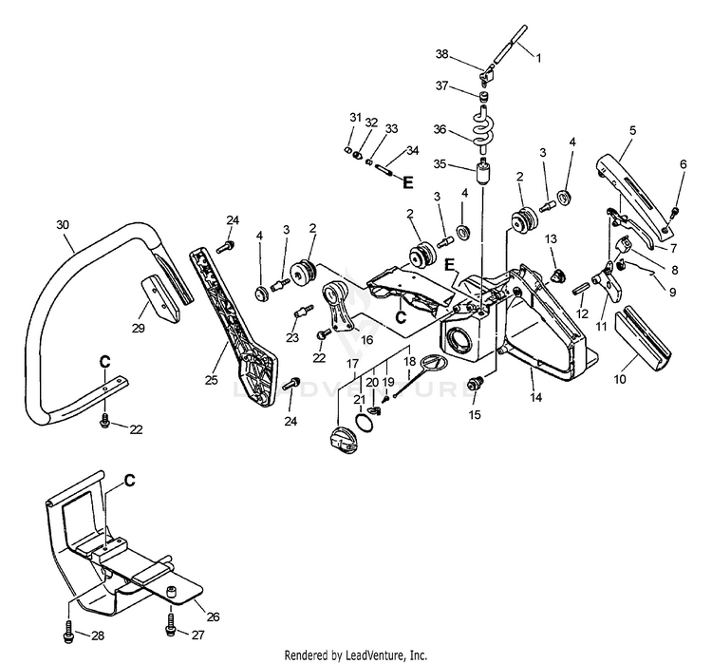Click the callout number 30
pos(63,224)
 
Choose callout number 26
pos(213,617)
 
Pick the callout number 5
pos(632,129)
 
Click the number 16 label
pos(365,338)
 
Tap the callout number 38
pos(468,54)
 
